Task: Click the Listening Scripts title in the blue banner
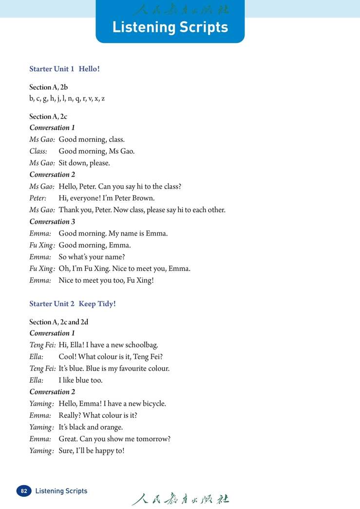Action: (170, 27)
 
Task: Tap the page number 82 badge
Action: (23, 491)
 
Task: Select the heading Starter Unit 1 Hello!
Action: (64, 69)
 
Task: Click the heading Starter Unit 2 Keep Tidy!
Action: (72, 304)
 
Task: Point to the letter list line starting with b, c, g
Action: (67, 98)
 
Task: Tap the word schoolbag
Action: (141, 345)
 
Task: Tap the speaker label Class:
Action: (38, 151)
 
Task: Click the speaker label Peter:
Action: (38, 198)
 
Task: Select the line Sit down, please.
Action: (84, 163)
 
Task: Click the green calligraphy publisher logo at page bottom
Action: (180, 499)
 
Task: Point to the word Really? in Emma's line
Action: (70, 415)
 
